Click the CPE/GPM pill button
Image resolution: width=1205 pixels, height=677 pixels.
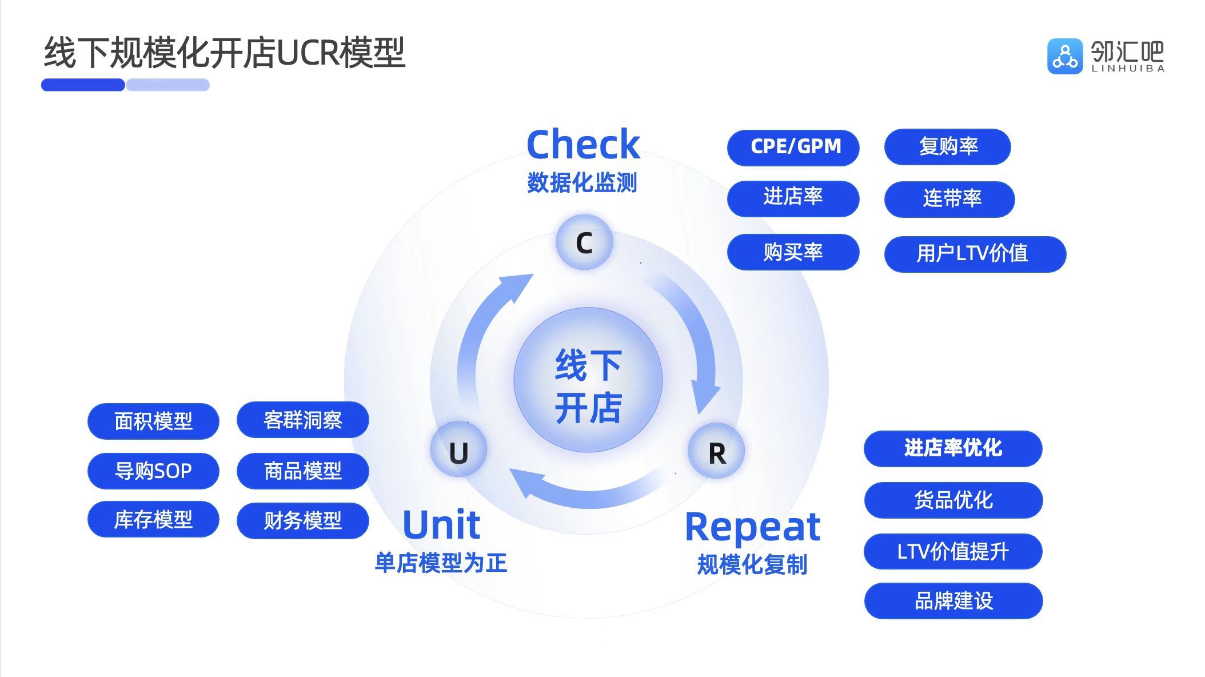pos(793,147)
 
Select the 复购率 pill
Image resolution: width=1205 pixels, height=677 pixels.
pos(947,147)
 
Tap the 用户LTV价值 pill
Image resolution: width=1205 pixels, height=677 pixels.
pos(975,253)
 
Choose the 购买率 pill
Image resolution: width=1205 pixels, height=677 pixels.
pos(793,252)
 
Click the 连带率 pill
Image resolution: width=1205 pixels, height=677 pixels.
pos(949,199)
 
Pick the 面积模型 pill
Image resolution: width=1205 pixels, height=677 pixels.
pos(153,421)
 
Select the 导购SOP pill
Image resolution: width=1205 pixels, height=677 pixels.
pos(153,471)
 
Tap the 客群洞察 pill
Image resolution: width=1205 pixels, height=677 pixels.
pos(302,420)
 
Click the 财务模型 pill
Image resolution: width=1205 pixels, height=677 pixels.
pos(302,520)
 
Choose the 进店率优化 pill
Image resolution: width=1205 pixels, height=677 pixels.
pos(953,448)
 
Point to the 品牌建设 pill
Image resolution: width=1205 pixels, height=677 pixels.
pos(953,600)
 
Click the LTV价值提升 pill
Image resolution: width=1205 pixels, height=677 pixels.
pos(953,551)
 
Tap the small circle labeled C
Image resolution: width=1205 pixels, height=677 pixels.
pos(584,242)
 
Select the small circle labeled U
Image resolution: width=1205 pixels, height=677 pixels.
pos(458,450)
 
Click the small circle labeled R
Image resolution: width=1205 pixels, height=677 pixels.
pos(716,451)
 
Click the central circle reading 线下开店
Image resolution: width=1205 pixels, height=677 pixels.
pos(588,380)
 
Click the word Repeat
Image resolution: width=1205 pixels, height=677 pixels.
pos(752,527)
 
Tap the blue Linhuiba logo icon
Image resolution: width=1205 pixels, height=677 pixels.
pos(1064,56)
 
